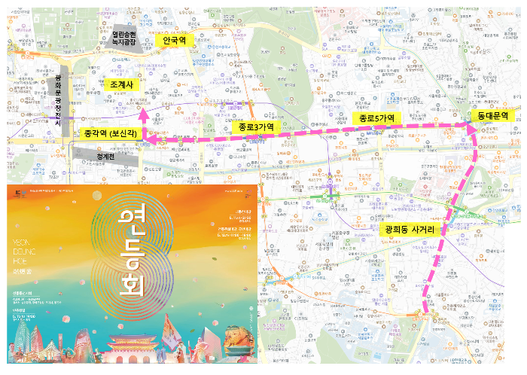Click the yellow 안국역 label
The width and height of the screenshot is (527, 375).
tap(178, 40)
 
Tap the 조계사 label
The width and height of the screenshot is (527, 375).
tap(120, 85)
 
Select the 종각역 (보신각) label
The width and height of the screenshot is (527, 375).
tap(109, 133)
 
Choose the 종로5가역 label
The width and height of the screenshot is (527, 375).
tap(376, 119)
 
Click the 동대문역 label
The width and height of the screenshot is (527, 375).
tap(494, 116)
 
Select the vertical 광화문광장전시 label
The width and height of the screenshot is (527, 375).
tap(58, 98)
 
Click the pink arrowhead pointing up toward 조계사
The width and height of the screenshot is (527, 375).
tap(143, 115)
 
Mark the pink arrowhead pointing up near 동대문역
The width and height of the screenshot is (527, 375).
tap(474, 130)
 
